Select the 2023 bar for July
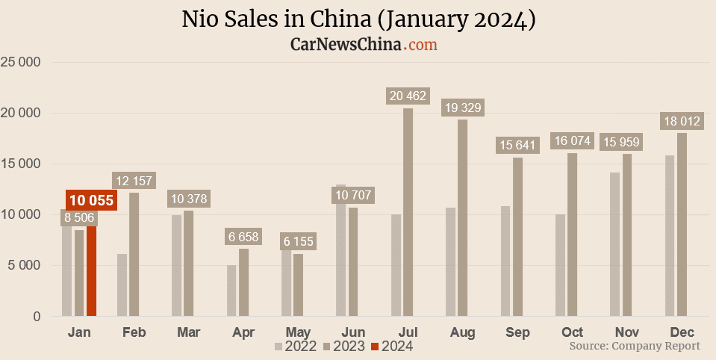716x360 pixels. (408, 212)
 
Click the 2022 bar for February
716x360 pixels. (122, 285)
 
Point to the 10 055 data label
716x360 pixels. (91, 200)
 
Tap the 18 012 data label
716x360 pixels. (681, 121)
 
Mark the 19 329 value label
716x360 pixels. (461, 108)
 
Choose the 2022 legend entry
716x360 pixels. (296, 346)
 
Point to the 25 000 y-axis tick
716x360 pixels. (21, 62)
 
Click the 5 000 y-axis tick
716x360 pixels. (24, 265)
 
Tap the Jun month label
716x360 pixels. (352, 332)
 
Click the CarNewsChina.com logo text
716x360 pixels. (364, 45)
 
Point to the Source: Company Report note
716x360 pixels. (635, 346)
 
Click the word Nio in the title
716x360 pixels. (200, 19)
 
